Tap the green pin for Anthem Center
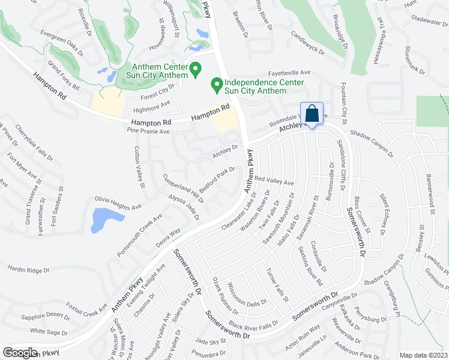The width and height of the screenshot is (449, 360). coord(195,71)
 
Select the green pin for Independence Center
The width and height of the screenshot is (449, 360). coord(216,86)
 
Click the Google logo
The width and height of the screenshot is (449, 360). coord(20,352)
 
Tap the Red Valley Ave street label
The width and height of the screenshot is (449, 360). coord(274,181)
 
